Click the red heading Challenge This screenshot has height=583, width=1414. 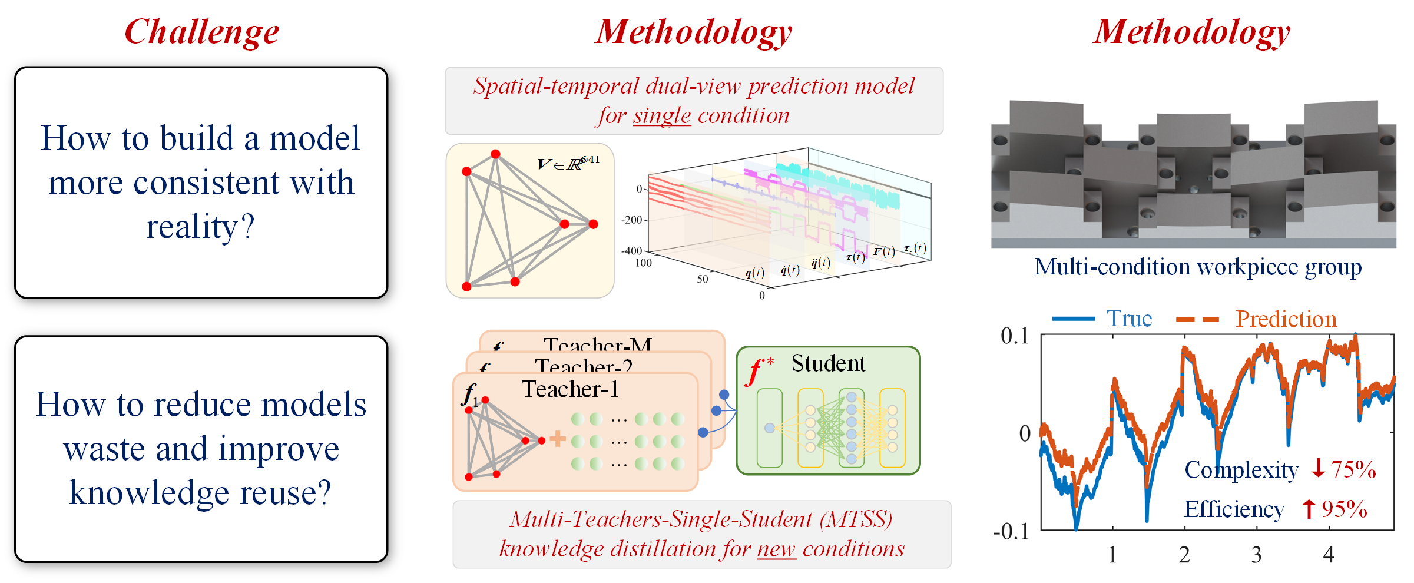click(201, 32)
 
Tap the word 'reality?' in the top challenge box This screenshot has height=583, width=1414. click(200, 227)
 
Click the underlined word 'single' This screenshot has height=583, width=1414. click(661, 116)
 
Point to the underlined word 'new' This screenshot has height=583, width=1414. click(776, 549)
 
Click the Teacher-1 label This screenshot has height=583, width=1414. click(570, 389)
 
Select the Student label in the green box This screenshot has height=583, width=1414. click(828, 363)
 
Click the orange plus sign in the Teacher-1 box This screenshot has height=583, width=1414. click(557, 439)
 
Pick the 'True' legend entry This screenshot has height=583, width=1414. click(1129, 319)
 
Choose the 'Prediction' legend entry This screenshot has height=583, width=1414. click(1286, 319)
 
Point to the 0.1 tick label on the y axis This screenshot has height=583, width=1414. click(1015, 336)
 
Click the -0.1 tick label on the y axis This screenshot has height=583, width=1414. click(1011, 531)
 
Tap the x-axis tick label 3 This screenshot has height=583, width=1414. click(1256, 555)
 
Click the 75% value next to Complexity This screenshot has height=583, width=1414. click(1353, 470)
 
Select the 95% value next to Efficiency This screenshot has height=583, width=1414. click(1344, 509)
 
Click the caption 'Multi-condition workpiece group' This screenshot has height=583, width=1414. click(1198, 267)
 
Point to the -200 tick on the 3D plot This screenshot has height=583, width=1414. click(631, 220)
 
